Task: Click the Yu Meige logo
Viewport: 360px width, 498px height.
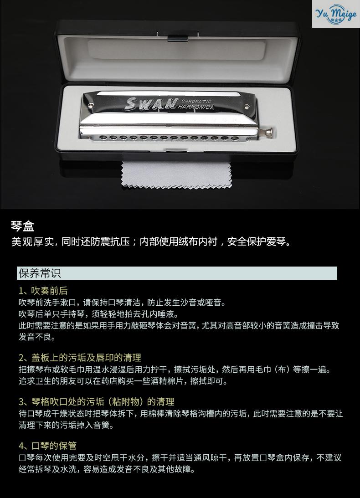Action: pos(335,14)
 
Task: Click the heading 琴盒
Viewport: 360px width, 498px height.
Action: pos(23,226)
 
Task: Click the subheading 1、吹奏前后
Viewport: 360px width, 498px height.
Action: pos(43,291)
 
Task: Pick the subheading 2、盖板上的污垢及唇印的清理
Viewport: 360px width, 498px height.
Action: pos(80,358)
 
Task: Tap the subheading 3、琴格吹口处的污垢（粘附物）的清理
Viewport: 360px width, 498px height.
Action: pos(96,402)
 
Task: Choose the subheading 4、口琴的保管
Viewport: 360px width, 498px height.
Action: pos(47,446)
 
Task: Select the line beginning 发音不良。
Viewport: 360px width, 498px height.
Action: pos(37,338)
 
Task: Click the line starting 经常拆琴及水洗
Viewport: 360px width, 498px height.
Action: pos(107,469)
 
